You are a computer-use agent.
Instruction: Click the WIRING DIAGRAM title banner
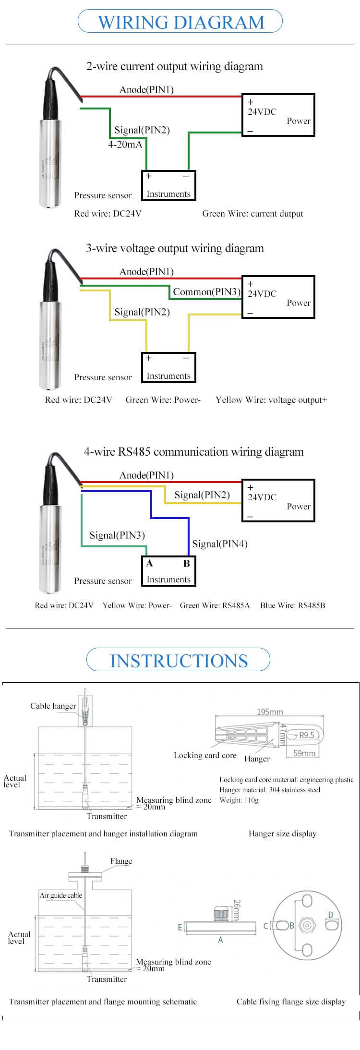click(x=180, y=22)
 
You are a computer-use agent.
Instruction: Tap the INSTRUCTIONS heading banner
click(x=179, y=661)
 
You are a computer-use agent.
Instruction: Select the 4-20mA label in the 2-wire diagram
click(x=125, y=144)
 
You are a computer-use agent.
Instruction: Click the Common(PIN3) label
click(x=206, y=292)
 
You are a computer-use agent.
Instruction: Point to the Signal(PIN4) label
click(x=220, y=544)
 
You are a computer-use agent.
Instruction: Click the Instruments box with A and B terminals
click(x=168, y=571)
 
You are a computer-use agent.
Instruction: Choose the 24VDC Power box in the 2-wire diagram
click(x=278, y=115)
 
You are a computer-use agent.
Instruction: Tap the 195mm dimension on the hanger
click(x=270, y=712)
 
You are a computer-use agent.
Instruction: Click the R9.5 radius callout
click(x=306, y=735)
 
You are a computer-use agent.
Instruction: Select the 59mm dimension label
click(x=304, y=753)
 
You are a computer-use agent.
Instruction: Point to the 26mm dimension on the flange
click(x=236, y=910)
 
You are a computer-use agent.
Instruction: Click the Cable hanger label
click(x=53, y=706)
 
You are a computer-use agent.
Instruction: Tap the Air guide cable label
click(x=61, y=895)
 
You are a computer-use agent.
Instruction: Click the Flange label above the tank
click(x=121, y=861)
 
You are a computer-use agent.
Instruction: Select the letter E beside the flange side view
click(x=180, y=927)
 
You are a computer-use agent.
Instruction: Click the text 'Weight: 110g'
click(x=239, y=800)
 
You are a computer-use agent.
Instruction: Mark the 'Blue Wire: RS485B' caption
click(x=292, y=605)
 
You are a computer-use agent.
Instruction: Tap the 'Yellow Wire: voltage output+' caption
click(x=271, y=400)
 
